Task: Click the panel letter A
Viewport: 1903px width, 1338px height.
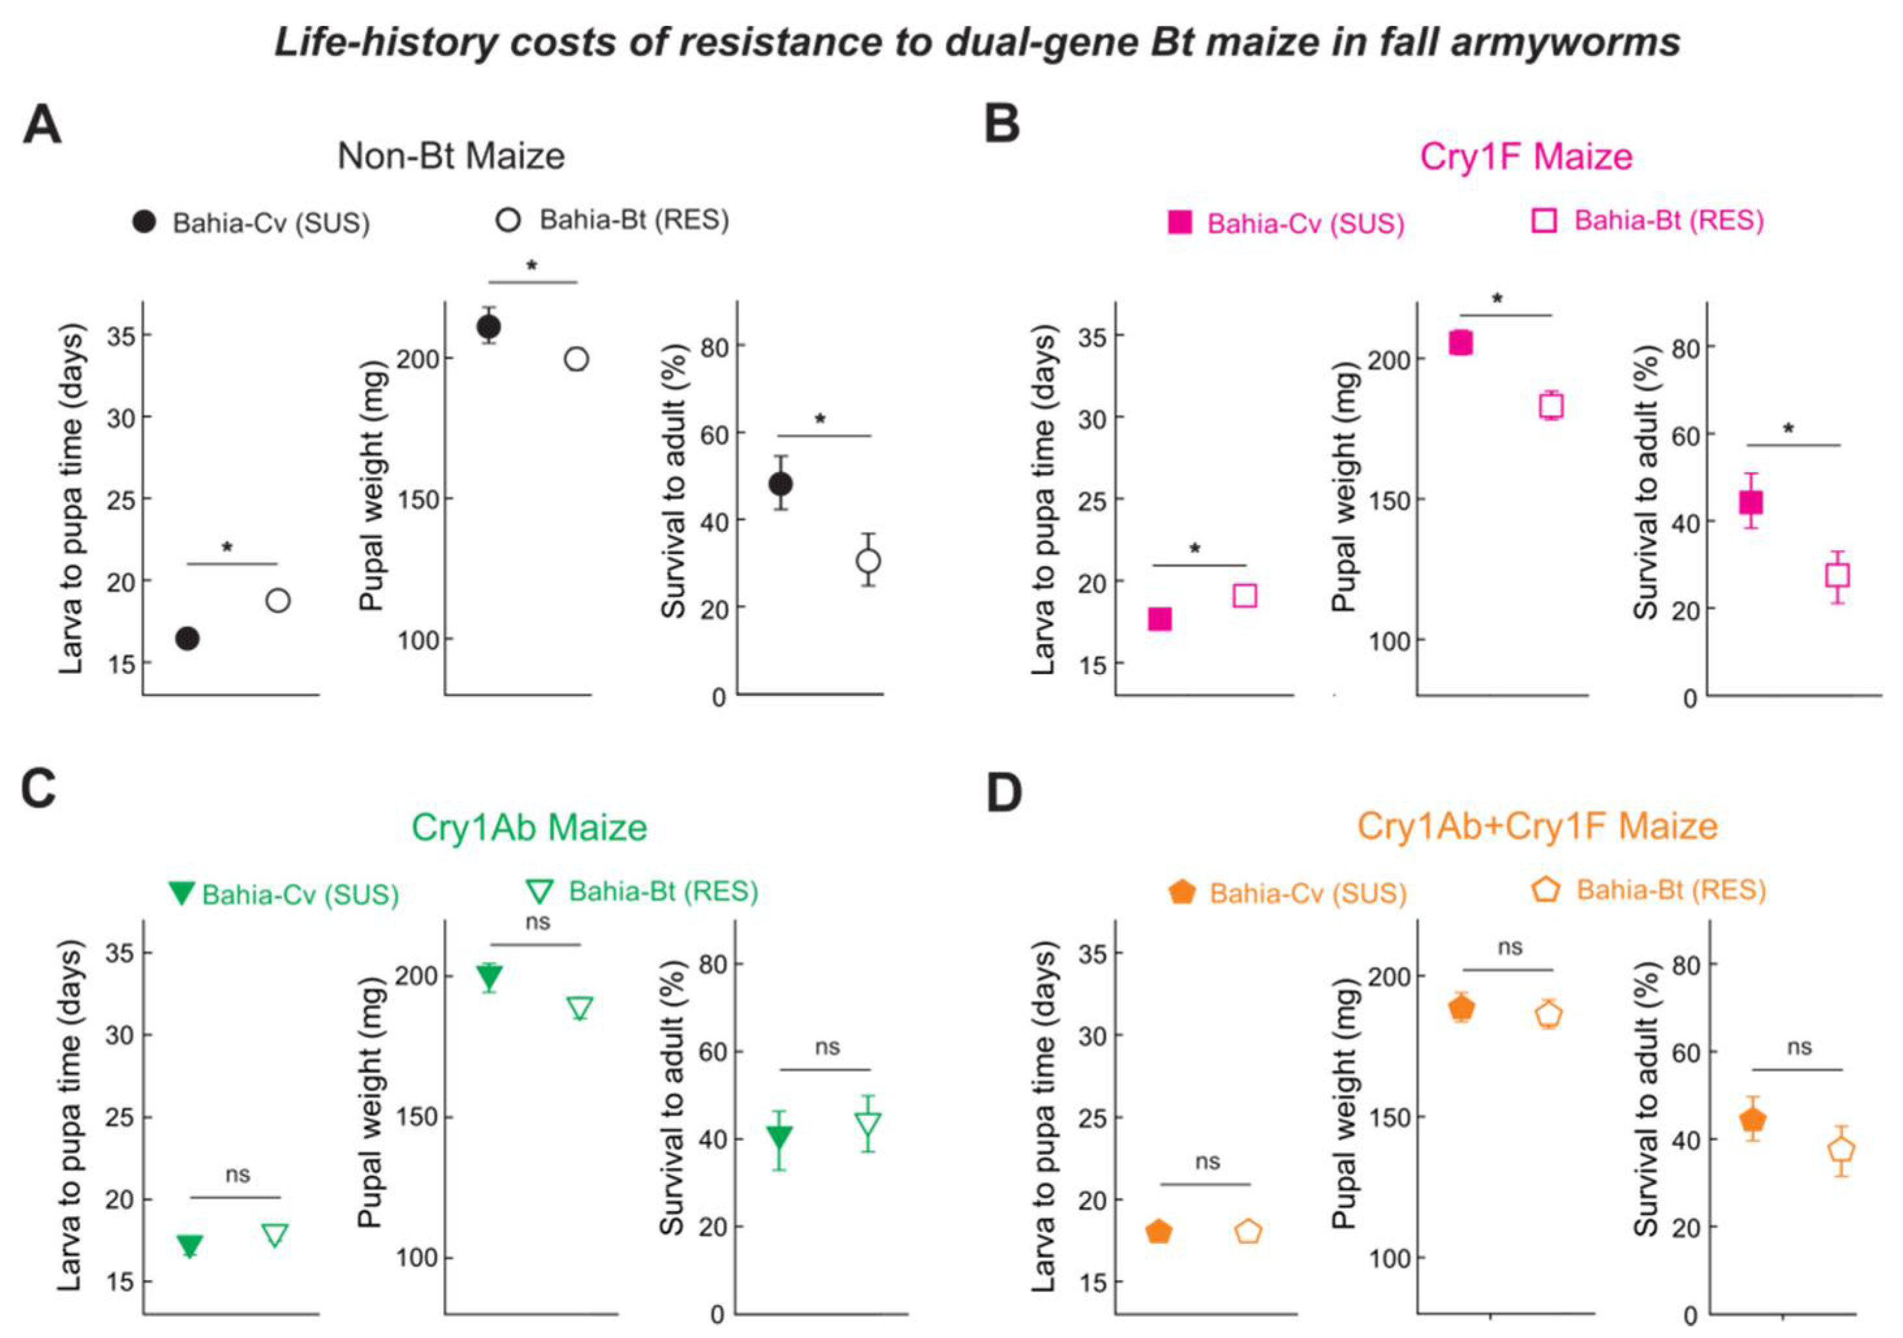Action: (42, 127)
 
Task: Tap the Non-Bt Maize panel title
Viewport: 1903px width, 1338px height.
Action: (451, 156)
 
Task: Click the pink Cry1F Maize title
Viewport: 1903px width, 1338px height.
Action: (1526, 156)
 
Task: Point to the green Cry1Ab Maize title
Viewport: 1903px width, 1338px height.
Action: (529, 828)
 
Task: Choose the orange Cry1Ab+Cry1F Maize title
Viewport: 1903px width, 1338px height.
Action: (1537, 826)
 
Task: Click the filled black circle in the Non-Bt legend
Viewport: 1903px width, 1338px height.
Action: (144, 221)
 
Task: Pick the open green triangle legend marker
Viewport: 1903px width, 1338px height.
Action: (540, 891)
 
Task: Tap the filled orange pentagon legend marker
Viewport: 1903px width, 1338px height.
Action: (1182, 892)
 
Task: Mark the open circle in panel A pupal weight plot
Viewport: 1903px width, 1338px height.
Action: (576, 359)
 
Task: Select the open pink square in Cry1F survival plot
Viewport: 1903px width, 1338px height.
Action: (1837, 576)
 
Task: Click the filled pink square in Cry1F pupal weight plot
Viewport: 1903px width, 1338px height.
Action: (1460, 342)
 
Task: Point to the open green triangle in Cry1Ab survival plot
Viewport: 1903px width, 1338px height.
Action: (868, 1125)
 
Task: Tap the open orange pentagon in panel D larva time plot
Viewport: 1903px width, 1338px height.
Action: (1248, 1232)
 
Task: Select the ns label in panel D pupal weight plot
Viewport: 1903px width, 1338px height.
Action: (1510, 947)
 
